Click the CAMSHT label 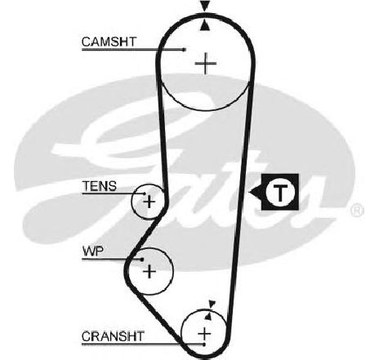coord(109,42)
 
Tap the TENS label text coord(100,186)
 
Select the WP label coord(93,251)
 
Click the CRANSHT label coord(113,336)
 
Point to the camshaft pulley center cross coord(206,64)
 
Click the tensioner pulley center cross coord(149,202)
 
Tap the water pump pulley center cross coord(149,271)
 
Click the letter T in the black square coord(280,193)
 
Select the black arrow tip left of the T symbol coord(250,193)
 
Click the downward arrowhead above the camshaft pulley coord(205,7)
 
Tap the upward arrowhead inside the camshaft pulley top coord(205,26)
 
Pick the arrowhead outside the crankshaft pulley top coord(212,304)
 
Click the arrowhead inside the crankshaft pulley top coord(208,316)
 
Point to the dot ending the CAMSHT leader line coord(185,50)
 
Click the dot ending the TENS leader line coord(145,193)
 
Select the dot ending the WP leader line coord(142,260)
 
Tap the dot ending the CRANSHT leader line coord(204,344)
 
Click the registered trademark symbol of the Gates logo coord(357,211)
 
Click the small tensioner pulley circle coord(132,202)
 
